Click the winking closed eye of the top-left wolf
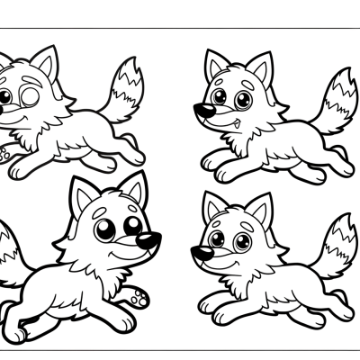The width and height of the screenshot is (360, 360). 30,97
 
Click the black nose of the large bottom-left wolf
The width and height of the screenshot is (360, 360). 149,240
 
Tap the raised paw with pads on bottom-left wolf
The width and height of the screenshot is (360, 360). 136,294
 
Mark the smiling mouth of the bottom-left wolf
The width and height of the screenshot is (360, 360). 126,255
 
